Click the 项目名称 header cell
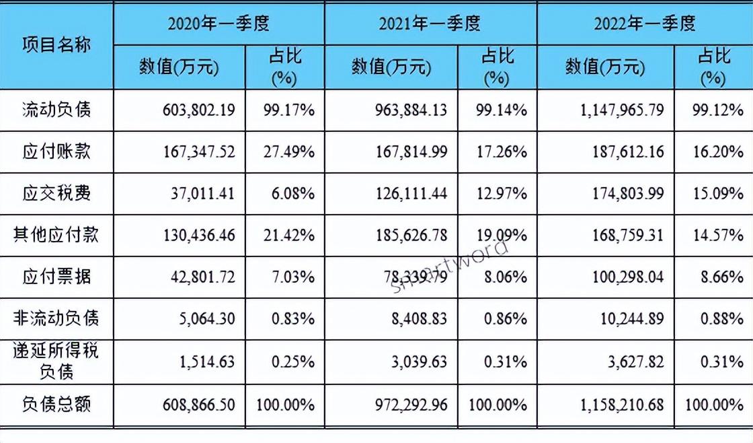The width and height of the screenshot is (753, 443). click(x=56, y=44)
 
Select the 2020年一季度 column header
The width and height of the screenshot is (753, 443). click(x=219, y=24)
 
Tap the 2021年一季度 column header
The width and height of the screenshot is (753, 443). click(x=430, y=24)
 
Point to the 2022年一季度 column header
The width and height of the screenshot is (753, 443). click(x=645, y=24)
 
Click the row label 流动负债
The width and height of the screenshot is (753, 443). click(x=56, y=110)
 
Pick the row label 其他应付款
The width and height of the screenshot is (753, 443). click(x=56, y=234)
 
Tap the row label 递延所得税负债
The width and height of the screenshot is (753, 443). click(x=56, y=360)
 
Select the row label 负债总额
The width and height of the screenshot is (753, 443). click(x=56, y=404)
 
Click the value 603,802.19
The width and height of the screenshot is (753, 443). click(x=199, y=110)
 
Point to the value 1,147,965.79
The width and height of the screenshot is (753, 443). click(x=621, y=110)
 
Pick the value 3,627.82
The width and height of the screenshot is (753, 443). click(x=635, y=362)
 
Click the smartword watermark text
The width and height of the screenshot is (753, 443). click(x=451, y=267)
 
